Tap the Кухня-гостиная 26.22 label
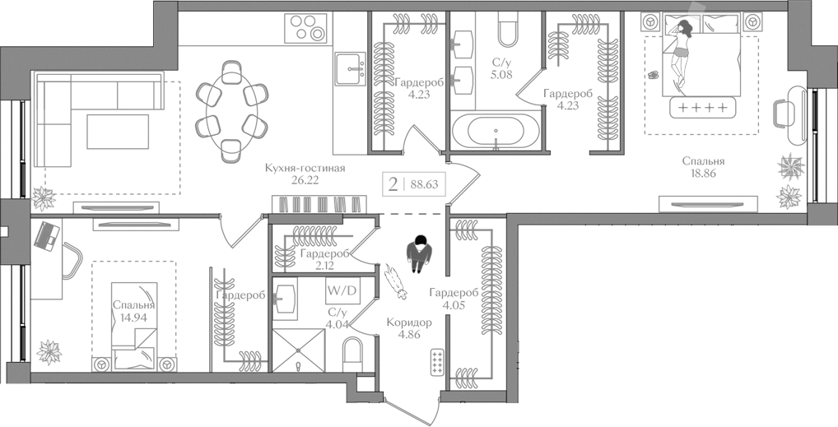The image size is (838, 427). pyautogui.click(x=305, y=174)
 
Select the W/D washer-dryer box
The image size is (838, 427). pyautogui.click(x=342, y=290)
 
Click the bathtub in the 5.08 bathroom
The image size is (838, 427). pyautogui.click(x=494, y=132)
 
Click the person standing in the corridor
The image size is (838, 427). pyautogui.click(x=420, y=253)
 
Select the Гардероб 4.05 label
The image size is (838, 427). pyautogui.click(x=454, y=299)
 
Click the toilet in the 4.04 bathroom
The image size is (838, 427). pyautogui.click(x=353, y=360)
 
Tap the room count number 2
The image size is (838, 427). pyautogui.click(x=393, y=184)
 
